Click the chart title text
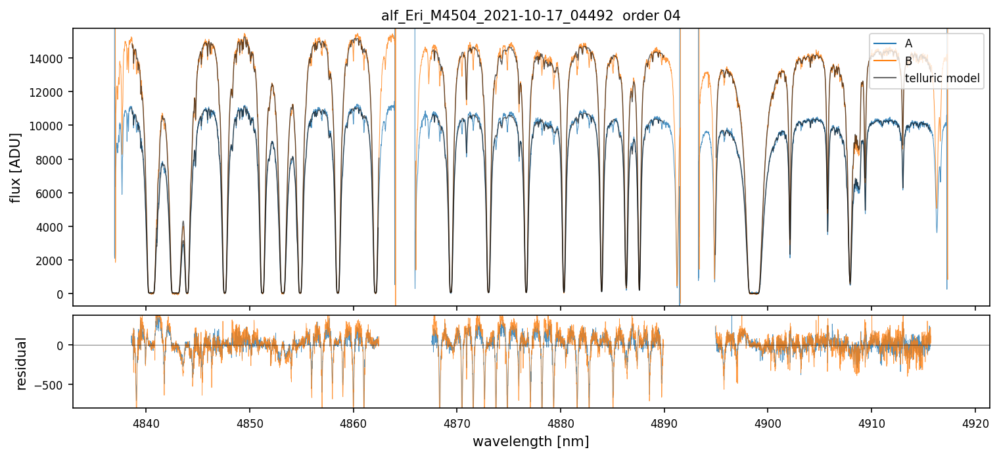[530, 16]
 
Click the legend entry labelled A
[908, 43]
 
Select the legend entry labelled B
[908, 61]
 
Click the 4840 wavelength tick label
[146, 422]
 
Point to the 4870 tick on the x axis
[457, 422]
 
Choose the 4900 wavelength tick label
[768, 422]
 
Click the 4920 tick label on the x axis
[975, 422]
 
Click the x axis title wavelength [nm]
[530, 441]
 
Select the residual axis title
[22, 363]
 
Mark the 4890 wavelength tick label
[664, 422]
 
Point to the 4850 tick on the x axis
[250, 422]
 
